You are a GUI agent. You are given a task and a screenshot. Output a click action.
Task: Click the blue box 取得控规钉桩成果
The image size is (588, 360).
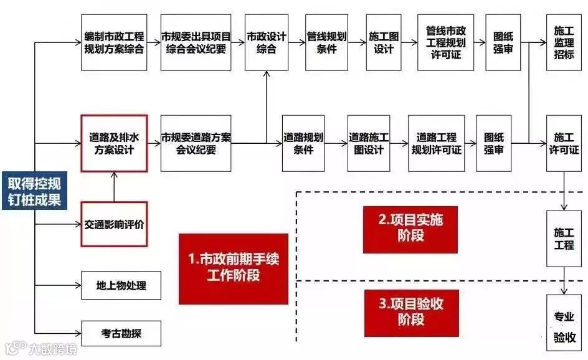pyautogui.click(x=34, y=191)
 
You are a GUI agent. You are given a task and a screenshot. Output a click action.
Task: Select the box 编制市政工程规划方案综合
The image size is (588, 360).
pyautogui.click(x=114, y=42)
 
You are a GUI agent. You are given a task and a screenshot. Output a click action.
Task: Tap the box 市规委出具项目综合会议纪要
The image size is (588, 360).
pyautogui.click(x=196, y=42)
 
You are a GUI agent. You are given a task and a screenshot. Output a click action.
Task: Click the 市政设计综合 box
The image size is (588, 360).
pyautogui.click(x=267, y=42)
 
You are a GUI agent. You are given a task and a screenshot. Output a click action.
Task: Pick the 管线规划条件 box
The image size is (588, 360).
pyautogui.click(x=326, y=42)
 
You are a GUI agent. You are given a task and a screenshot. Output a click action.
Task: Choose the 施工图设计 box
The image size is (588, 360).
pyautogui.click(x=384, y=42)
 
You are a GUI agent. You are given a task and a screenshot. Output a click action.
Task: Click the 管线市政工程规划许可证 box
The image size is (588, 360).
pyautogui.click(x=445, y=42)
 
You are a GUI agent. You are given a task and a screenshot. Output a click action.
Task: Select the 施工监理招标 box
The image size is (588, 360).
pyautogui.click(x=564, y=42)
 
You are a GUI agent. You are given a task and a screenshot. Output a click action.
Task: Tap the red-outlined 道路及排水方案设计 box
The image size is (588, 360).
pyautogui.click(x=114, y=143)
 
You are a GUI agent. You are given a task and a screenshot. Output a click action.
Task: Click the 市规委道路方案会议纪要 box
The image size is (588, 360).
pyautogui.click(x=196, y=143)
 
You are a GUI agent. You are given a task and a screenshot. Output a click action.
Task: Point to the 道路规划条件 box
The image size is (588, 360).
pyautogui.click(x=303, y=143)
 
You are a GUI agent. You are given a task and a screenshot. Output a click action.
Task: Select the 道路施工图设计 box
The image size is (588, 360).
pyautogui.click(x=369, y=143)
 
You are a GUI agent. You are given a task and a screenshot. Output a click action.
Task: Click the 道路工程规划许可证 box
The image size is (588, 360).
pyautogui.click(x=437, y=143)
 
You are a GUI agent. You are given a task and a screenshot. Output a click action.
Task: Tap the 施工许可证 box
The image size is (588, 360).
pyautogui.click(x=564, y=143)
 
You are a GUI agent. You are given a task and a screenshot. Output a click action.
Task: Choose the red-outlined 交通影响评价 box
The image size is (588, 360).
pyautogui.click(x=114, y=224)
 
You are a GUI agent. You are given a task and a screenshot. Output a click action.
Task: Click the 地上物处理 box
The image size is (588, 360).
pyautogui.click(x=121, y=285)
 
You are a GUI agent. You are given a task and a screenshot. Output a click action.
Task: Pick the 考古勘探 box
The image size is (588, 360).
pyautogui.click(x=121, y=333)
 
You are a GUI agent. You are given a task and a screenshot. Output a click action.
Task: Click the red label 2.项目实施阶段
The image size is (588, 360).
pyautogui.click(x=410, y=227)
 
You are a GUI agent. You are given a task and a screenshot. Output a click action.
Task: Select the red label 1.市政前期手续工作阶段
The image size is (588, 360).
pyautogui.click(x=233, y=268)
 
